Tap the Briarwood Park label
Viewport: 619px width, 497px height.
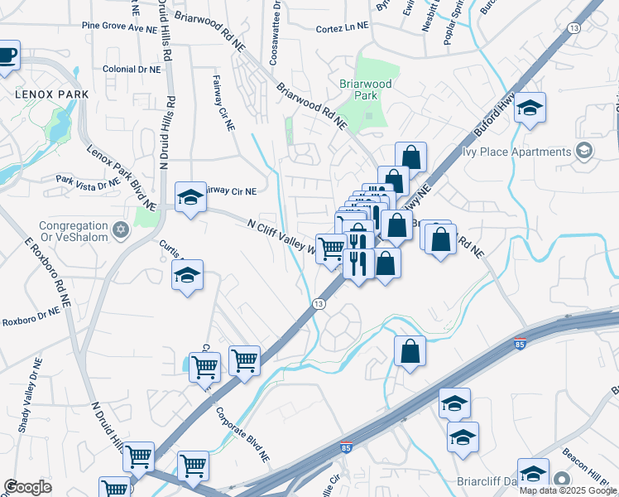tap(359, 90)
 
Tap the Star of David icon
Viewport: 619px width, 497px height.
tap(122, 229)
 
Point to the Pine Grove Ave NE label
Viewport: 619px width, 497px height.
tap(119, 28)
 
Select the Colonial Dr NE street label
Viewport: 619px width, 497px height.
tap(131, 70)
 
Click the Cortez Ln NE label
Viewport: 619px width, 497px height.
tap(342, 28)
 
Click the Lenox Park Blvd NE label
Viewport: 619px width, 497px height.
tap(122, 176)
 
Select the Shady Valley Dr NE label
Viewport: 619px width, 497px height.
tap(28, 398)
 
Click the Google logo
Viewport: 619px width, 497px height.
tap(27, 487)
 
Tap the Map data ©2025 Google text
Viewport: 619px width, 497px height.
tap(567, 490)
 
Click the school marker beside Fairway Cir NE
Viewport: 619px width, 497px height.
tap(190, 197)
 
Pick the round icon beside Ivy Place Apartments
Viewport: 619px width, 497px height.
tap(585, 151)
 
